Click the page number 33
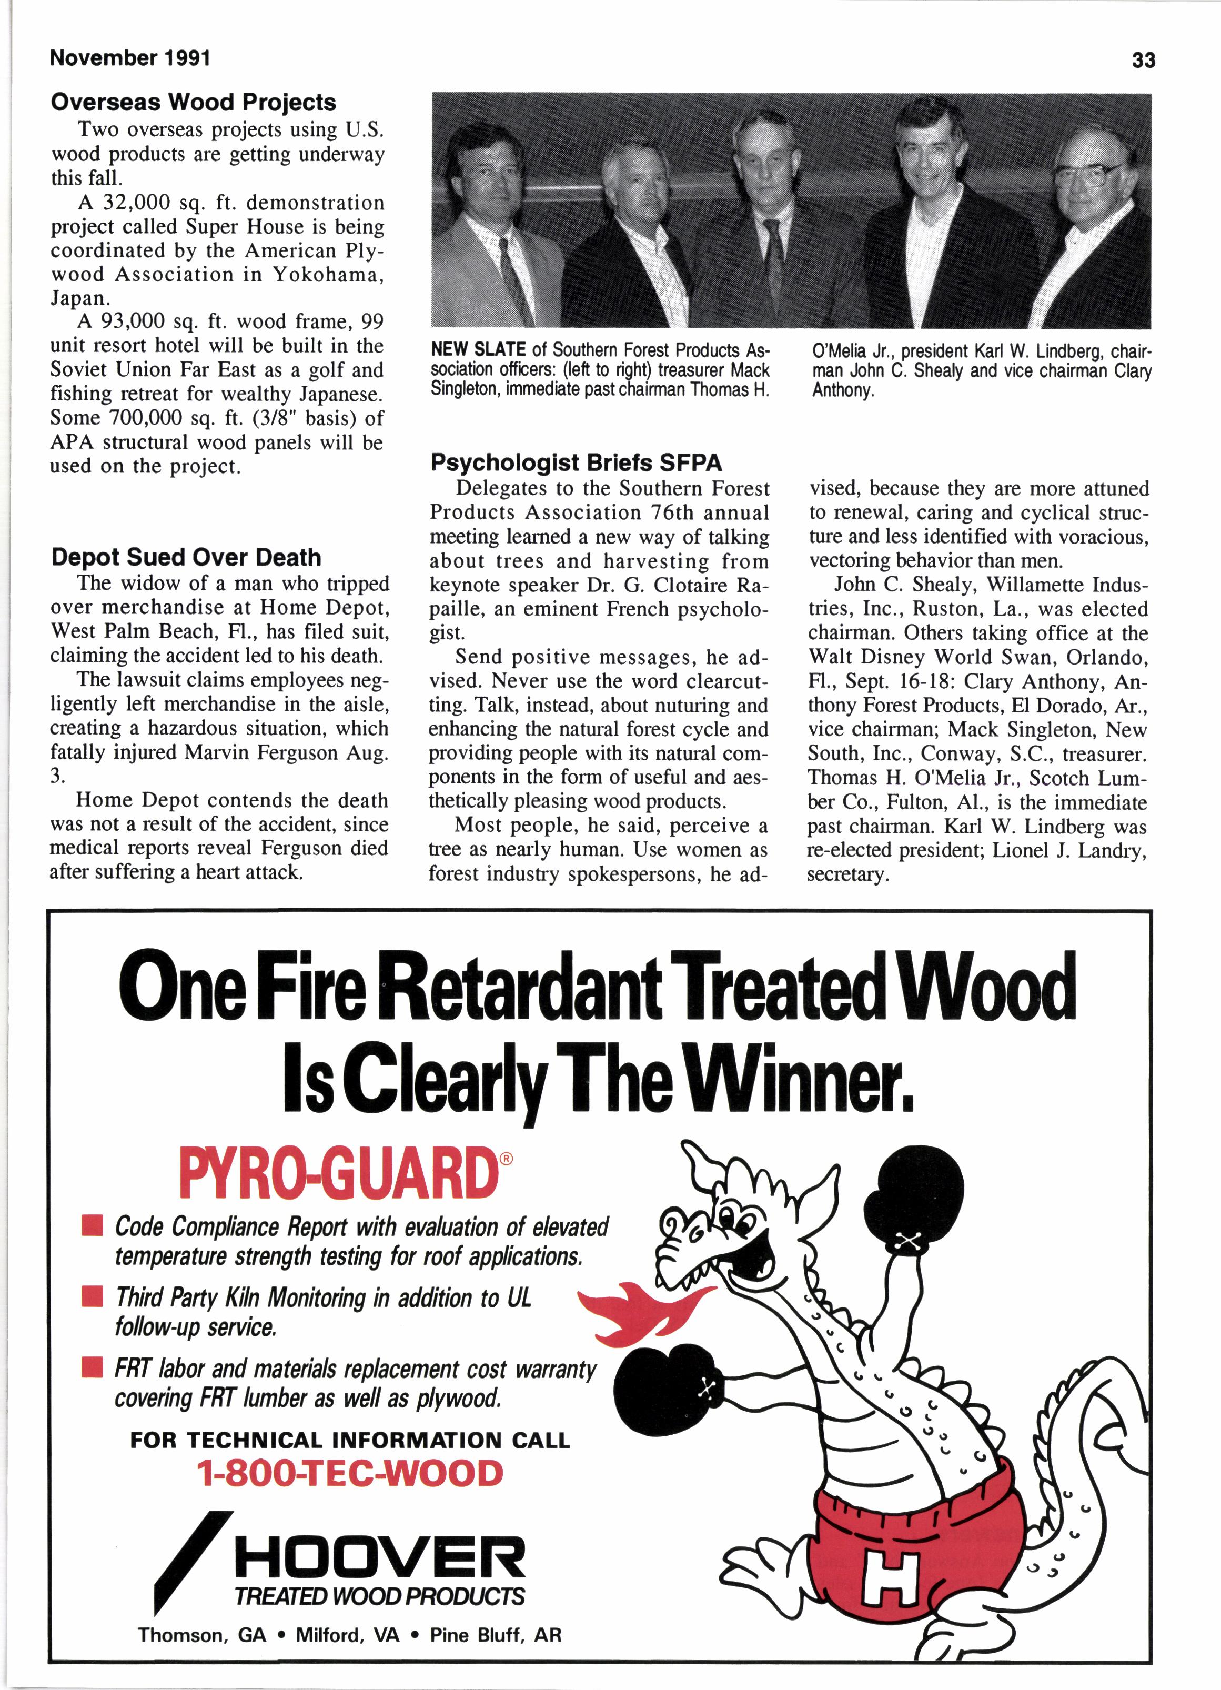point(1143,59)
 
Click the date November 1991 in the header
point(130,58)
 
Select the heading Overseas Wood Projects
point(193,102)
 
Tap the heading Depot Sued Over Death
point(186,557)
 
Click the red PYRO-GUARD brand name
point(337,1174)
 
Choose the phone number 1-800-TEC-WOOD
point(349,1475)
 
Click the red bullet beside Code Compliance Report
point(93,1226)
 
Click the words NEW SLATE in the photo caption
point(478,350)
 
